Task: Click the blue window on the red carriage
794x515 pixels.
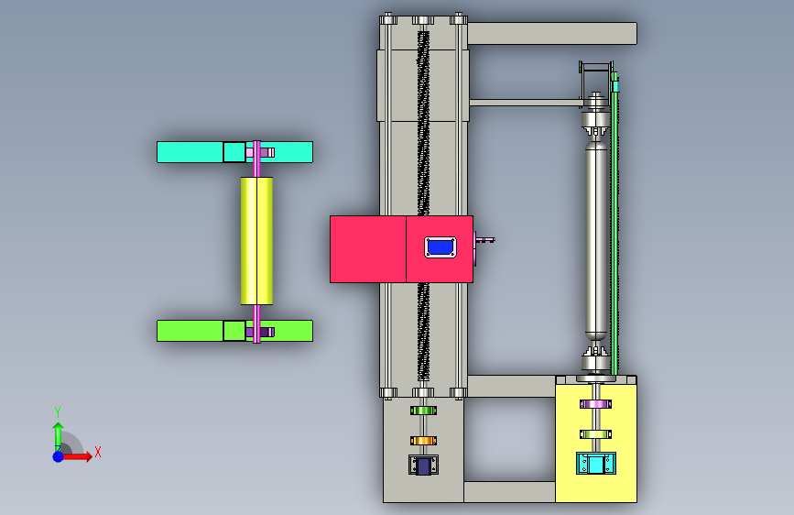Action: click(x=440, y=247)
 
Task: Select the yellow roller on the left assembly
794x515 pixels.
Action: click(x=256, y=241)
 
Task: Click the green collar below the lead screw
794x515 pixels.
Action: click(x=423, y=411)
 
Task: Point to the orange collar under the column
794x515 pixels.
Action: click(x=423, y=441)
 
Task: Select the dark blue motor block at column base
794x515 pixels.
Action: click(x=423, y=466)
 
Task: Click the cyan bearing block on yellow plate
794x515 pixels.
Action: click(x=596, y=464)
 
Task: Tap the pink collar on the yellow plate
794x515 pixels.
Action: click(x=595, y=404)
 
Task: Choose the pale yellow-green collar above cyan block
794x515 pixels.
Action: click(x=595, y=434)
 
